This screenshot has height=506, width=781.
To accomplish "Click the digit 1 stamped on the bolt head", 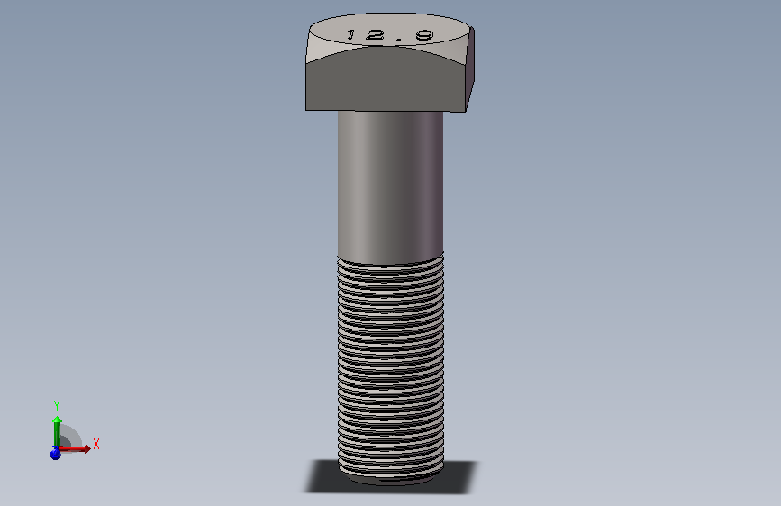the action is point(350,34).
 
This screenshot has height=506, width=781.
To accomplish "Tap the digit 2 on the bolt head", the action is point(375,34).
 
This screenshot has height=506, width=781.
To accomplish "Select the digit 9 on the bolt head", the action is point(425,35).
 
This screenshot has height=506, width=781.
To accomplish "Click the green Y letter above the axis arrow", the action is point(57,405).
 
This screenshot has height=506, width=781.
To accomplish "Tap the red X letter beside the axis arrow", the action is point(96,444).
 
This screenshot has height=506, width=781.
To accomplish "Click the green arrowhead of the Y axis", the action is point(58,420).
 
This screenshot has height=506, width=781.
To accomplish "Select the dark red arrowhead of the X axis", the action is point(87,448).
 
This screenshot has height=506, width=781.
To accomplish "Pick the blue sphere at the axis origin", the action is point(55,454).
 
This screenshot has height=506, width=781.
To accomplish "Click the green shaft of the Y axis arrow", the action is point(57,435).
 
